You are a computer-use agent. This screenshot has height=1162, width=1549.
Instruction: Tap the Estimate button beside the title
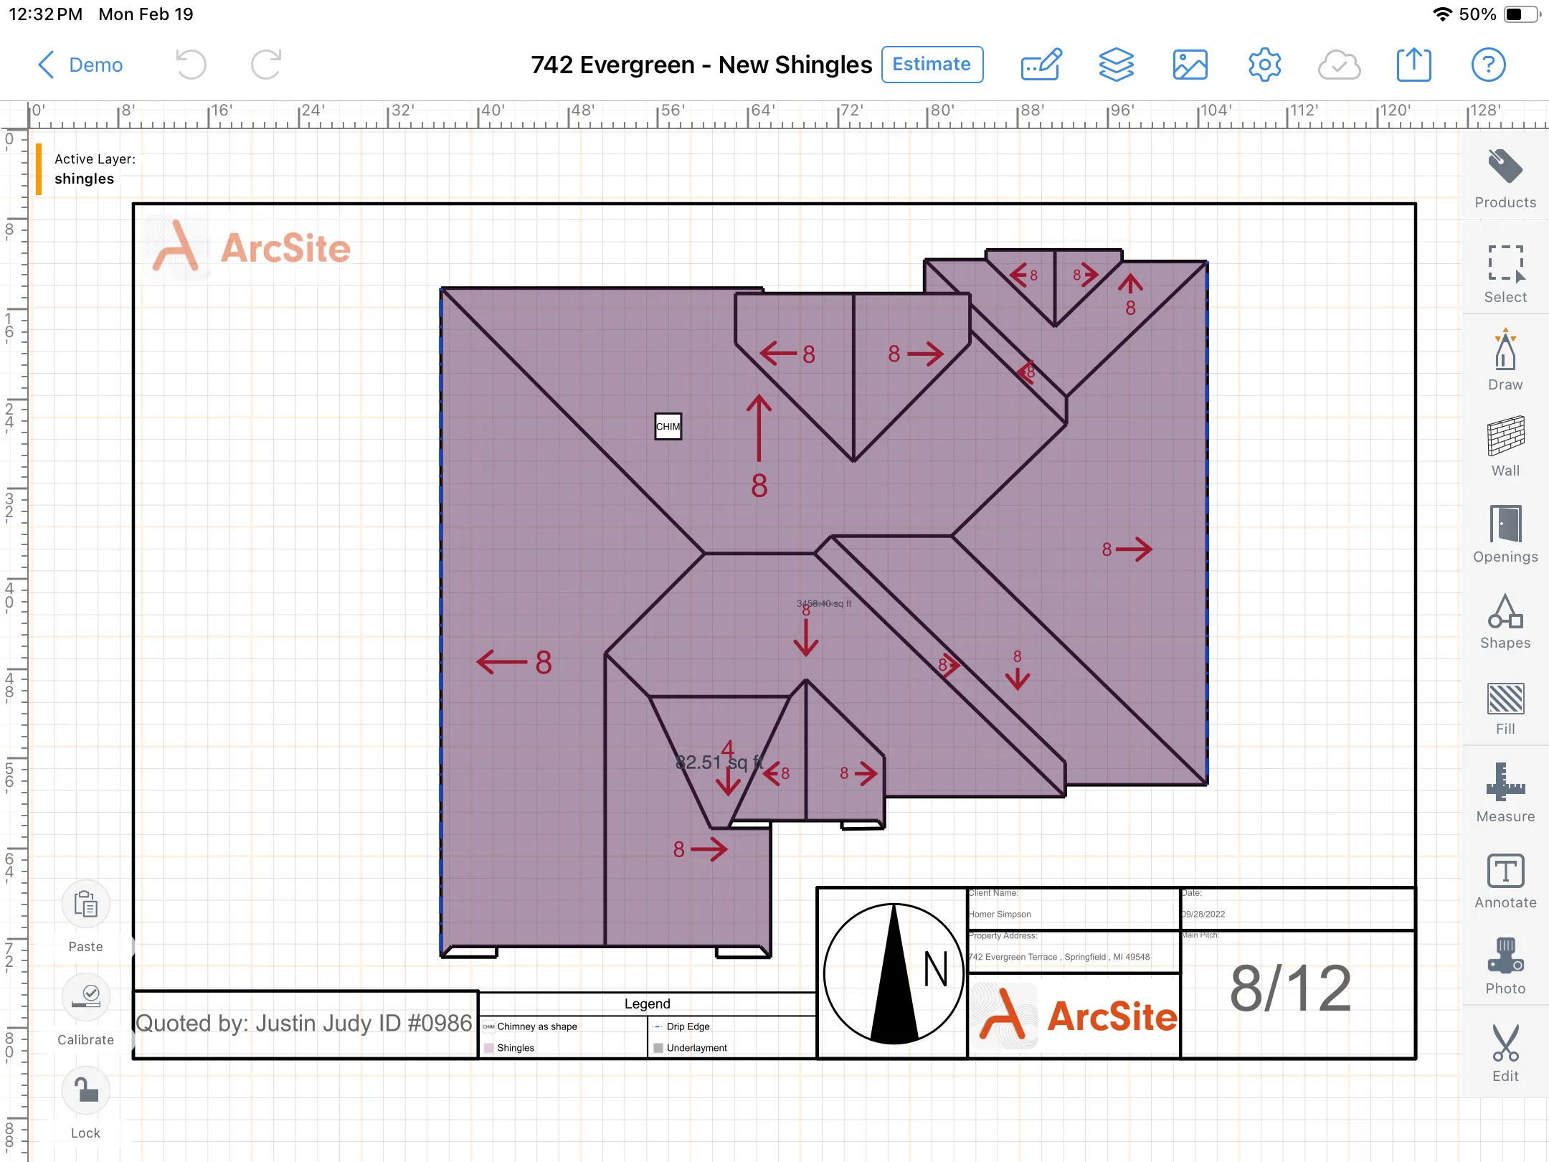[x=932, y=65]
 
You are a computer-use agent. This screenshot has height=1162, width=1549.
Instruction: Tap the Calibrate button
[x=86, y=997]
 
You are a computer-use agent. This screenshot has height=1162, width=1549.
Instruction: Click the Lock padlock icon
[x=86, y=1090]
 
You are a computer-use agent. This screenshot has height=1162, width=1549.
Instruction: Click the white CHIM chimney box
[x=668, y=426]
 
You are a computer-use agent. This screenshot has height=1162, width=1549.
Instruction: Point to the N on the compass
[x=935, y=970]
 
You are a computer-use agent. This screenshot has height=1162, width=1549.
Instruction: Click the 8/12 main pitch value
[x=1291, y=988]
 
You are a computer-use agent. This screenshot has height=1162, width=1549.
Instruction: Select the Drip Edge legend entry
[x=688, y=1026]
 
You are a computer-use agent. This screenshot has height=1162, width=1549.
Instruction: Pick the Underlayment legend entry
[x=696, y=1048]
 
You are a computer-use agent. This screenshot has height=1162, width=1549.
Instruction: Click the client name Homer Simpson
[x=1000, y=915]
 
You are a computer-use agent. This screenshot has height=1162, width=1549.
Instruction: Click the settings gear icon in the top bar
[x=1264, y=65]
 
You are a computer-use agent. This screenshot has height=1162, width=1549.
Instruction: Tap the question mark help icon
[x=1488, y=65]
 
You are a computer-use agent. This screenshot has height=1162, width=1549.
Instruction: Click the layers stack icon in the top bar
[x=1116, y=65]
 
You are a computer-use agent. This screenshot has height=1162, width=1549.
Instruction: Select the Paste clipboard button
[x=86, y=905]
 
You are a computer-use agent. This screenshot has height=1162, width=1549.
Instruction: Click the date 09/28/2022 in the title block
[x=1204, y=915]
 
